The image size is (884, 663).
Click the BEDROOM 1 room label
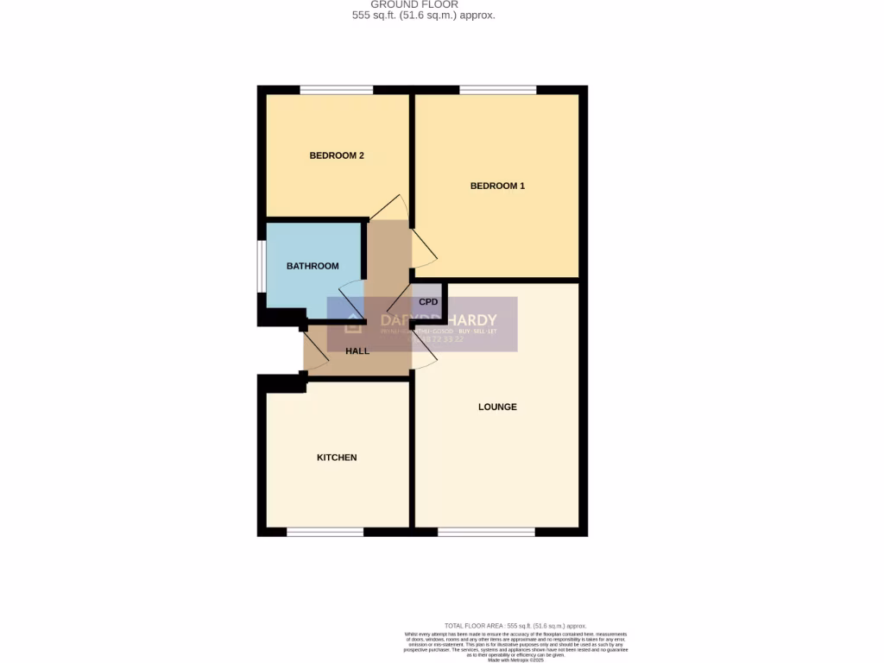point(497,186)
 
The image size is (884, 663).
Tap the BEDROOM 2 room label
point(337,155)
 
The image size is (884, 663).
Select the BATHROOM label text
point(313,266)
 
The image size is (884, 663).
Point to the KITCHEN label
point(337,458)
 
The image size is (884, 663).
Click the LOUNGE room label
point(498,407)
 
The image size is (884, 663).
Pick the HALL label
point(357,351)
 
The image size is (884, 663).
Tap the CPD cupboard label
point(428,302)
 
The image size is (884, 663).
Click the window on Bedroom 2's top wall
point(337,90)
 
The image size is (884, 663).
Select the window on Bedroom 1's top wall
point(497,90)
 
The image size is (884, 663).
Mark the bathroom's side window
point(261,266)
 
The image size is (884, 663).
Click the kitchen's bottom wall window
point(325,532)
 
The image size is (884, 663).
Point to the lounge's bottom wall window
point(485,532)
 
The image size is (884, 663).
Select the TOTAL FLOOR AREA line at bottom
point(515,626)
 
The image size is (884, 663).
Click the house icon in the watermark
point(353,325)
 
